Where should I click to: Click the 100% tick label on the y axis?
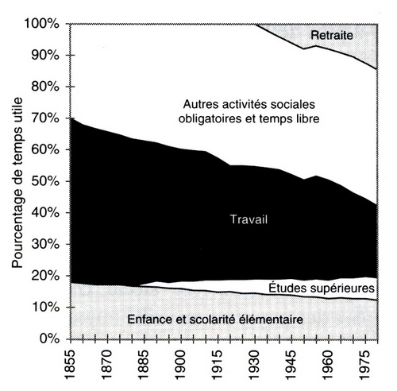click(42, 24)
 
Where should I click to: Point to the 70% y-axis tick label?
click(45, 118)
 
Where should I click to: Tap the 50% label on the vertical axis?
click(45, 181)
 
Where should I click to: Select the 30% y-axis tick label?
click(45, 244)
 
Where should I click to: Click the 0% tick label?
click(49, 339)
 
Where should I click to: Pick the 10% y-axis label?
click(45, 307)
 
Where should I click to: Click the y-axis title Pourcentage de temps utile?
click(17, 183)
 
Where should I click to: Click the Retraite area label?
click(332, 35)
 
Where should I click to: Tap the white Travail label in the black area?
click(249, 219)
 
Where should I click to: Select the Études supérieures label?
click(322, 288)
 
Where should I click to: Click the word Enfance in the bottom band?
click(149, 319)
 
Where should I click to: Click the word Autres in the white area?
click(201, 104)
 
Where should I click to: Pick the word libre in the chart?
click(308, 118)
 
